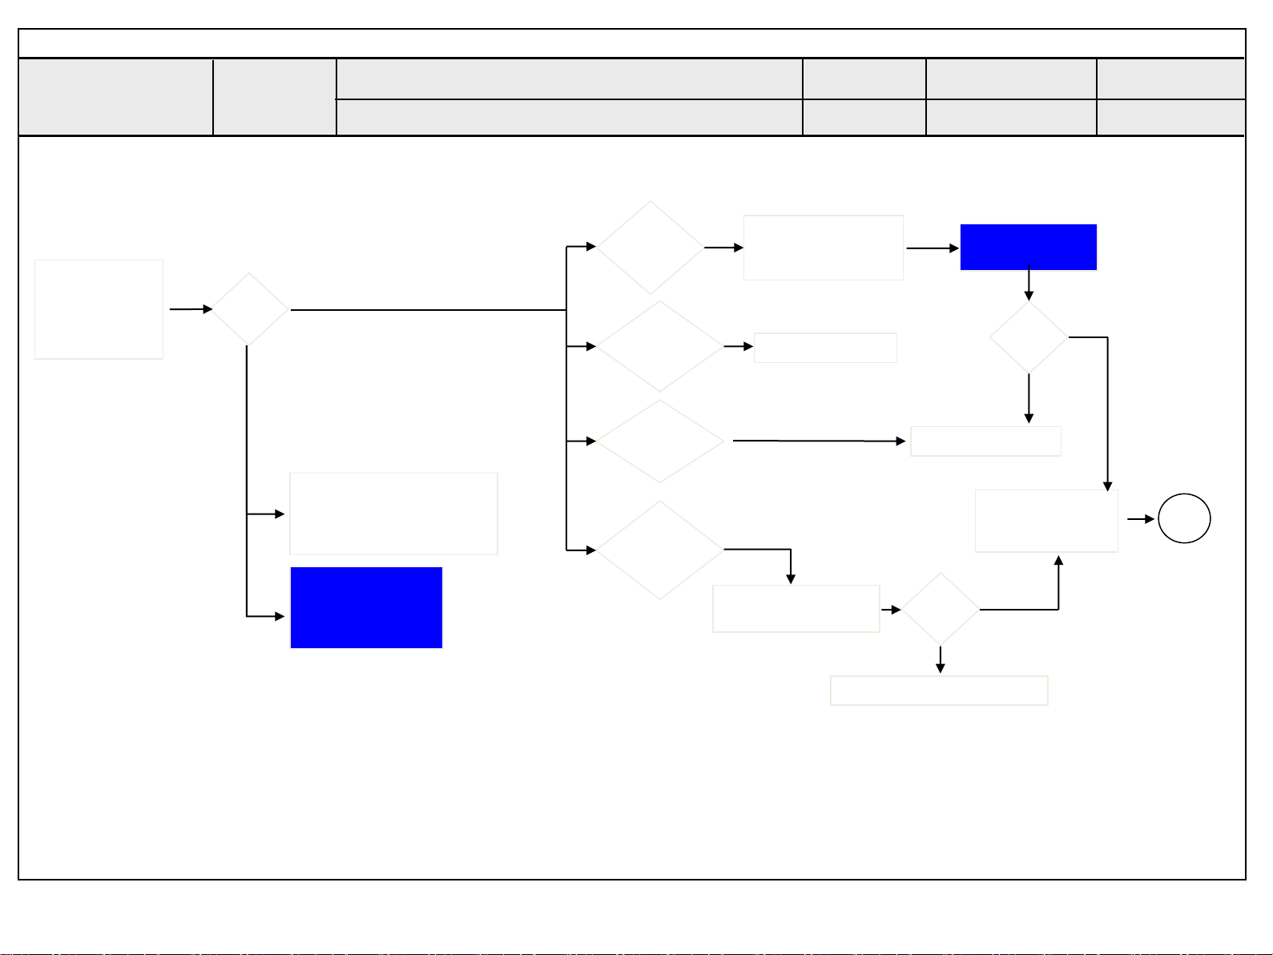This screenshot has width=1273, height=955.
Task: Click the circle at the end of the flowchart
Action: pyautogui.click(x=1184, y=519)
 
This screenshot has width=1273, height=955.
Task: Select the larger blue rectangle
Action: pyautogui.click(x=366, y=607)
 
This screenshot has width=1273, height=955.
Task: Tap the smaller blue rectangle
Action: pyautogui.click(x=1028, y=247)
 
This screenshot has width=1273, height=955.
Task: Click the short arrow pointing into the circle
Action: pyautogui.click(x=1140, y=519)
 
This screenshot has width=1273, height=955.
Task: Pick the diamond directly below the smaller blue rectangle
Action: pyautogui.click(x=1029, y=337)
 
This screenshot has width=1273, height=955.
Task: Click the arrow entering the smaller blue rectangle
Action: pyautogui.click(x=933, y=248)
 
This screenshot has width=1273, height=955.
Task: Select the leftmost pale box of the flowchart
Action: pyautogui.click(x=99, y=309)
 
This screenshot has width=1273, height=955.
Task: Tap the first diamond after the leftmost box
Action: pyautogui.click(x=250, y=309)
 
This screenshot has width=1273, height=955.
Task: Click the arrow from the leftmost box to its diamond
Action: pyautogui.click(x=191, y=309)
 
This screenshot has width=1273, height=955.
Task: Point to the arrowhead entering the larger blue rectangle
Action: pyautogui.click(x=280, y=616)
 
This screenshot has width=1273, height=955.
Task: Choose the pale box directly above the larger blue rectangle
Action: pyautogui.click(x=393, y=514)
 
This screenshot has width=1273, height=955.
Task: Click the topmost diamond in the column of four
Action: pyautogui.click(x=651, y=248)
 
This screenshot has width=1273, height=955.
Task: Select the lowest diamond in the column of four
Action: pyautogui.click(x=659, y=550)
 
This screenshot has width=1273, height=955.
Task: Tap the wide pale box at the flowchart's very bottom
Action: pyautogui.click(x=939, y=690)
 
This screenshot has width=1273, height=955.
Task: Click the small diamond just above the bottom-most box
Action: pyautogui.click(x=940, y=609)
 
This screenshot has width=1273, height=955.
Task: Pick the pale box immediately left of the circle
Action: pyautogui.click(x=1046, y=521)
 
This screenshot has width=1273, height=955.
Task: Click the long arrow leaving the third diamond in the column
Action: pyautogui.click(x=817, y=441)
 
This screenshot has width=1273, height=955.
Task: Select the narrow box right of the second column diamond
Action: pyautogui.click(x=825, y=348)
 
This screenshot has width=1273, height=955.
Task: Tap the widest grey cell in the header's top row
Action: pyautogui.click(x=569, y=79)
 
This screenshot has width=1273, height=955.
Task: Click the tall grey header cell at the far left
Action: pyautogui.click(x=115, y=97)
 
